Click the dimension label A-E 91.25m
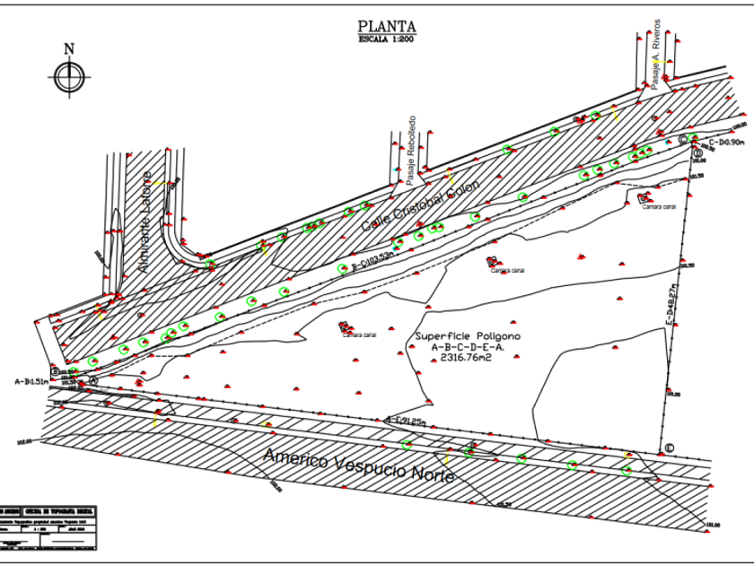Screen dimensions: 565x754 [x=405, y=419]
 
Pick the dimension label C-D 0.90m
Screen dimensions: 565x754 [x=724, y=142]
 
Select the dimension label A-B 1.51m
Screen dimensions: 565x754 [x=31, y=381]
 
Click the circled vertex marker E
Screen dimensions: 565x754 [x=667, y=448]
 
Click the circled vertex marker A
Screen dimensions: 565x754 [x=92, y=379]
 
